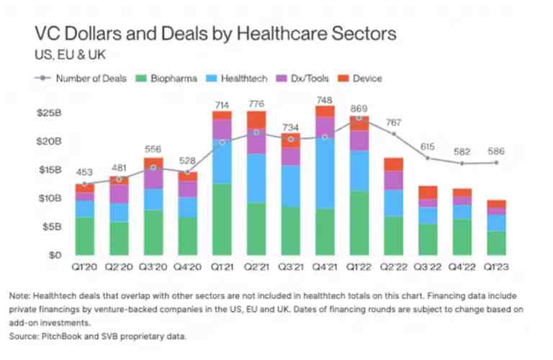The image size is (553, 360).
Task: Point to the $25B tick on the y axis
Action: pos(48,113)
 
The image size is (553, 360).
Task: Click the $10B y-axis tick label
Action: pos(48,198)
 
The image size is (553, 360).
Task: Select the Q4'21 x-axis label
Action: pos(325,267)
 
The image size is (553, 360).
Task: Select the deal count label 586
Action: pos(496,152)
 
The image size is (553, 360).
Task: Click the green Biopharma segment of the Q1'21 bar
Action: pos(222,220)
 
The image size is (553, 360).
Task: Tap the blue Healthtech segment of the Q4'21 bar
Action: pos(325,173)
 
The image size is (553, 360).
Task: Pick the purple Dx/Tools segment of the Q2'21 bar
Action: pos(256,142)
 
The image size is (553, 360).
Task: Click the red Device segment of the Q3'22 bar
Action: pos(428,192)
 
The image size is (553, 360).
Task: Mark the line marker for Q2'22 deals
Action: pos(393,134)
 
